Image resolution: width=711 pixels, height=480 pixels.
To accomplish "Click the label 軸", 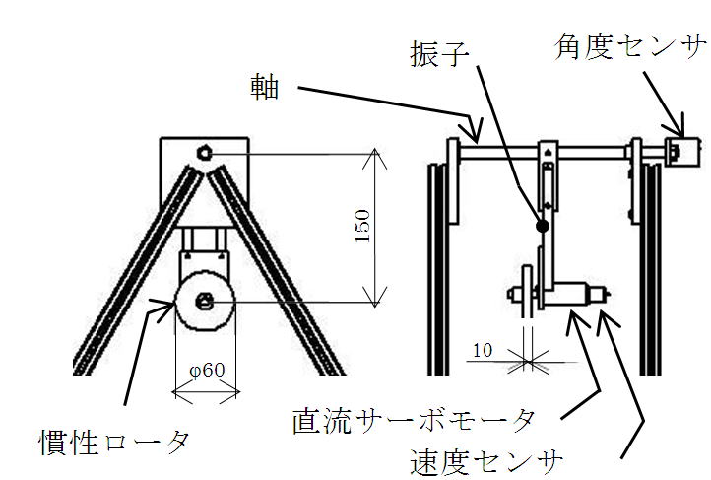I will click(264, 90).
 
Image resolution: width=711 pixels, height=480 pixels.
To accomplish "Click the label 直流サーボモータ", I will click(414, 422).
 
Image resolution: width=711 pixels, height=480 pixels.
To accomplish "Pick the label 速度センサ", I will click(488, 458).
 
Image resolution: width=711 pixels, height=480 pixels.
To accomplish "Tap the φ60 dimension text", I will click(207, 371).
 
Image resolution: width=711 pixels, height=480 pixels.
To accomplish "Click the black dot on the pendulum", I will click(542, 226).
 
